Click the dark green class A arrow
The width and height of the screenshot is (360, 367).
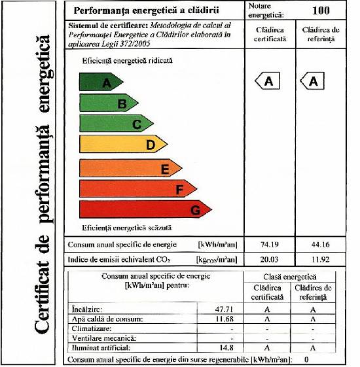[101, 82]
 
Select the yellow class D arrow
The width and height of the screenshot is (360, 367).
[124, 144]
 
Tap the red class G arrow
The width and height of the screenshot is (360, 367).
[145, 209]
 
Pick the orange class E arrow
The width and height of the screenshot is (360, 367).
[131, 168]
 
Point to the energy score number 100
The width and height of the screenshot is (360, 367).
[321, 10]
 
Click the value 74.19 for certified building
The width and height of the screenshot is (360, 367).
[270, 245]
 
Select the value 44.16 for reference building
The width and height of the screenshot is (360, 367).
[321, 245]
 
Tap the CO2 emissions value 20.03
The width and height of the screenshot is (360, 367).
[270, 259]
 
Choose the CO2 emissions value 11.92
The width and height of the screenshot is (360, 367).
[321, 259]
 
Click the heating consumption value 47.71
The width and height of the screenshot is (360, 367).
[224, 309]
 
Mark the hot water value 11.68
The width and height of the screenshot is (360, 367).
[224, 319]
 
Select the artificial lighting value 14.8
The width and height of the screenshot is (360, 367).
[226, 347]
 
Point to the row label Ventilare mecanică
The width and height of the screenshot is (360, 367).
[104, 338]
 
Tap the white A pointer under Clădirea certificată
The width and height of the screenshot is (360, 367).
[267, 81]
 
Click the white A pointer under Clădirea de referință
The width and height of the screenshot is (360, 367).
[312, 81]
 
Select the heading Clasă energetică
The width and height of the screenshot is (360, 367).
[290, 277]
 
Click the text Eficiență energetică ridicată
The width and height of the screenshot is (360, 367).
[127, 61]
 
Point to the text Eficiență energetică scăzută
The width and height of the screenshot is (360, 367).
[127, 228]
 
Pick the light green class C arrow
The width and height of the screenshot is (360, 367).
[117, 124]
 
